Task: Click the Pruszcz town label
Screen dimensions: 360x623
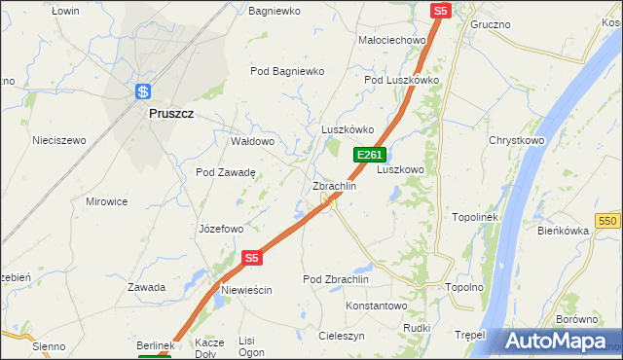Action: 170,113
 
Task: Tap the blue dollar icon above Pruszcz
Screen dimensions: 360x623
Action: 142,92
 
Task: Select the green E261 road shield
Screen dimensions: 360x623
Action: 370,155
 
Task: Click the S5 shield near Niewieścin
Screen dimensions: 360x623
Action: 252,258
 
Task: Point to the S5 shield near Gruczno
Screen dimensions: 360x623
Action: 440,10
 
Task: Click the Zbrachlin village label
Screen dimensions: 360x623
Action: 334,186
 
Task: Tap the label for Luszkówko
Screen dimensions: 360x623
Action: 348,129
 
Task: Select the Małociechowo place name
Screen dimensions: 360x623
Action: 393,40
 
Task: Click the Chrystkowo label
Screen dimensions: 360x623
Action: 516,140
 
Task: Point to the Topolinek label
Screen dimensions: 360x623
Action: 475,217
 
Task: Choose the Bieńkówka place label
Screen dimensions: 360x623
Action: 564,231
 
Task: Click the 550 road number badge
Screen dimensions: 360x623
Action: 609,222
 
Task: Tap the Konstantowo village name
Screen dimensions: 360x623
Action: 376,306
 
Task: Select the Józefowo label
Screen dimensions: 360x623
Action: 220,230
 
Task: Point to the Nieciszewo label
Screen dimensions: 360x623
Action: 59,140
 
